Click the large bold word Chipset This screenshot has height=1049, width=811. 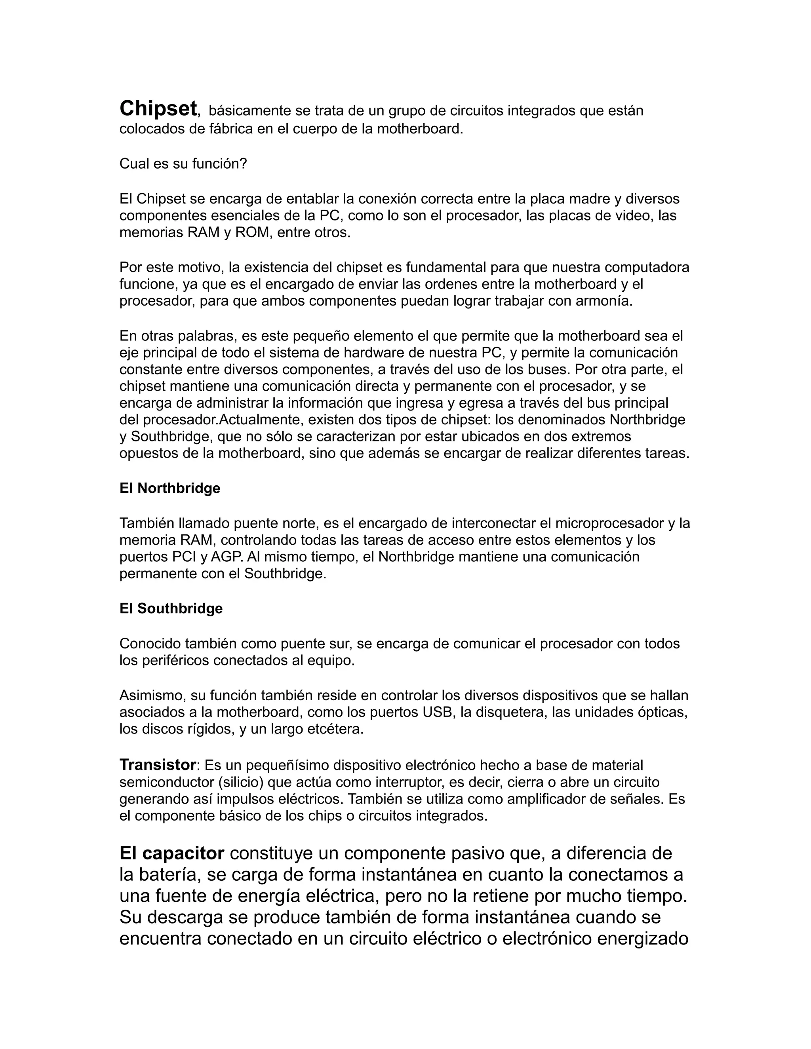point(158,108)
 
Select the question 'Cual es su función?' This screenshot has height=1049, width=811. point(183,164)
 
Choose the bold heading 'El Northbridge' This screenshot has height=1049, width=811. point(169,488)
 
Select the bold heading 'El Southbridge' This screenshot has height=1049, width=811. point(171,608)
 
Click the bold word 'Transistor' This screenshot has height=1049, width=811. point(158,765)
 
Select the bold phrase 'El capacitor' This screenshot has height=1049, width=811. point(171,853)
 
